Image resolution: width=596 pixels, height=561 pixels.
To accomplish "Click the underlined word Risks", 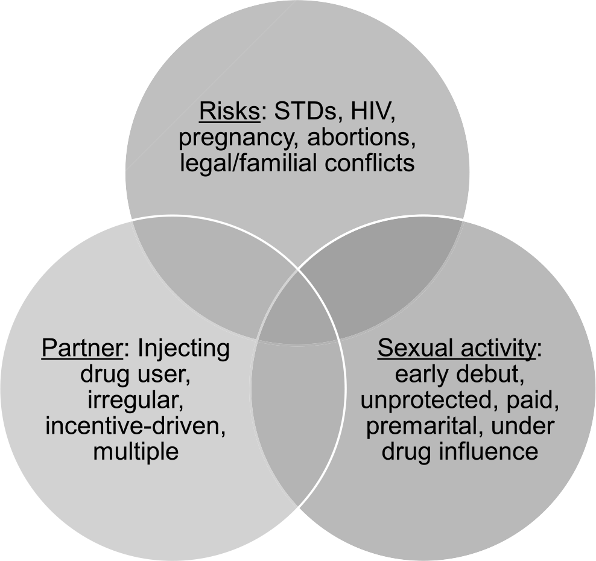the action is click(229, 112).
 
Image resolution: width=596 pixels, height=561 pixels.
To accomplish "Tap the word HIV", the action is click(373, 112).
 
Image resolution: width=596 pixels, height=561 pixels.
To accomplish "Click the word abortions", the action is click(361, 137).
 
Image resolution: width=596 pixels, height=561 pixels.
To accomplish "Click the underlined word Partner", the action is click(82, 347).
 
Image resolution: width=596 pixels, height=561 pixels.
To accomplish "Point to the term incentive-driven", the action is click(136, 426).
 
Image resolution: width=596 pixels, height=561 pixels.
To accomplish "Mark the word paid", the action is click(532, 401).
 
